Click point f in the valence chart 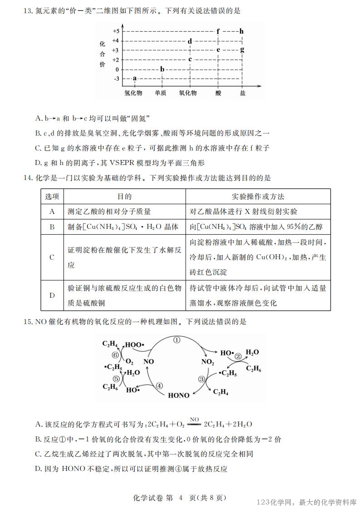[218, 31]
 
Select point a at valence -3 [135, 78]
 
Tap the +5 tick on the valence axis [116, 31]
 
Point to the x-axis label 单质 [161, 92]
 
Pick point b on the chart [162, 69]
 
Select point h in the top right [242, 31]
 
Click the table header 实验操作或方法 [258, 197]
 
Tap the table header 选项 [52, 197]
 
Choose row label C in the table [52, 257]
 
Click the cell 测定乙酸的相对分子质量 [109, 211]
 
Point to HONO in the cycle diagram [179, 395]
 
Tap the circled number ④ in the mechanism [159, 386]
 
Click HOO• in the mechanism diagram [134, 344]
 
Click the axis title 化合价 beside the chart [102, 54]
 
